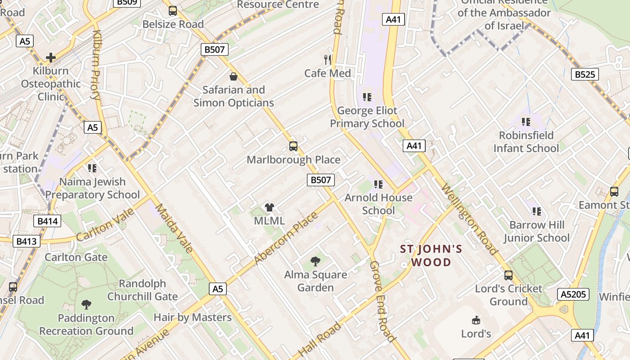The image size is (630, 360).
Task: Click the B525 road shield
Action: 585,74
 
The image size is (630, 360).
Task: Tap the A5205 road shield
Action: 573,294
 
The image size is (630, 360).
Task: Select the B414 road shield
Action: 47,221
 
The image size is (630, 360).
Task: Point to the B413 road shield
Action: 26,241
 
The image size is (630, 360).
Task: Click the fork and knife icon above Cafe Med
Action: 328,59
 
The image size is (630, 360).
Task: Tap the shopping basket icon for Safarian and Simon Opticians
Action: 233,76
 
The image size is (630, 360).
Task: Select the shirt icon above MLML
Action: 269,207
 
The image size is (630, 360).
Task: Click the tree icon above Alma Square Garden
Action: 315,261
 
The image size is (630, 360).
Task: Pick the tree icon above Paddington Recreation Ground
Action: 86,305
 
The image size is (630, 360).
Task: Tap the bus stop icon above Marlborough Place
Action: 293,146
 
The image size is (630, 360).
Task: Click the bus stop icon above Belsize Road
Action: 173,11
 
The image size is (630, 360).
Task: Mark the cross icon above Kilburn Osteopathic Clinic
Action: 50,57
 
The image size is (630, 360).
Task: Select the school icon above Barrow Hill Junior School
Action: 536,211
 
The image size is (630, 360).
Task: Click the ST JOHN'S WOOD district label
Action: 431,256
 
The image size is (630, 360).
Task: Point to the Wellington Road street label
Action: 470,219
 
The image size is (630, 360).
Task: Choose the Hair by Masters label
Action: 193,317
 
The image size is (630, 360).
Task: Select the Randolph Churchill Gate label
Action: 142,290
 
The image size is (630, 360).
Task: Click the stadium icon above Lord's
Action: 476,320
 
